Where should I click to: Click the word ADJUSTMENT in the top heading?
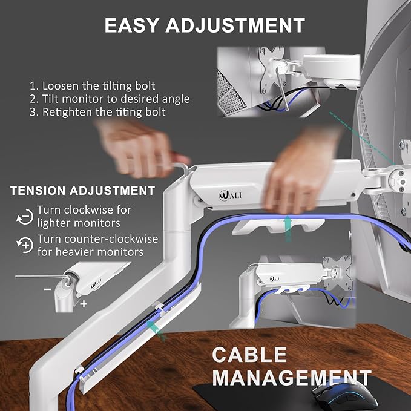tap(241, 25)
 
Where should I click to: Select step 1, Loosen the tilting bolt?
tap(92, 85)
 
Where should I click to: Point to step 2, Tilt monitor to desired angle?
tap(109, 99)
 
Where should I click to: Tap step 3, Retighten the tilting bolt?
tap(97, 112)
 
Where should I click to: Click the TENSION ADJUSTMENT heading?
tap(82, 191)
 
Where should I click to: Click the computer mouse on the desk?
tap(339, 393)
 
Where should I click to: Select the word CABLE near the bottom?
tap(251, 355)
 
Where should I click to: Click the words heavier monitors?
tap(90, 251)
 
